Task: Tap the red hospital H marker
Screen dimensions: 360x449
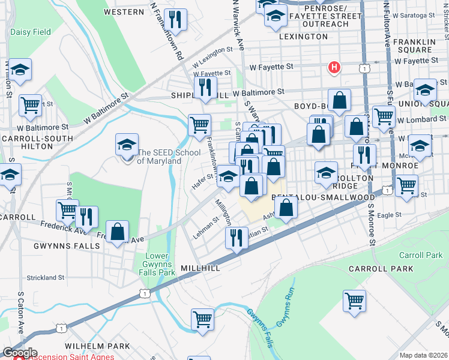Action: tap(334, 68)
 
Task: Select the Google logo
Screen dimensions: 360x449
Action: tap(19, 353)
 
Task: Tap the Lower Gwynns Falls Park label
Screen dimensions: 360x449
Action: tap(159, 265)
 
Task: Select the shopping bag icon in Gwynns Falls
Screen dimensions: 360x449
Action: tap(119, 232)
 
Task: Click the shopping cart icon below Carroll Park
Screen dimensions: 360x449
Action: tap(355, 300)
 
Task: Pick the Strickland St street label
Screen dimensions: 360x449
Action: tap(45, 278)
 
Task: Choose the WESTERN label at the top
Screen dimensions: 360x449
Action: tap(124, 12)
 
